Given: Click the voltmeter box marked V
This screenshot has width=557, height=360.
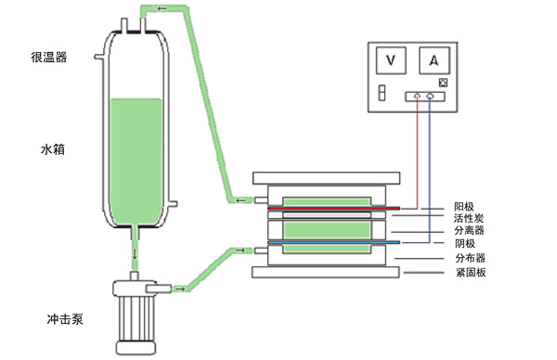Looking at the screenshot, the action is tap(391, 60).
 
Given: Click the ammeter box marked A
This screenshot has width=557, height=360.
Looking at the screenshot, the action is tap(434, 60).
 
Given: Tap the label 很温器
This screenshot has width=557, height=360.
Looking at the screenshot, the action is tap(49, 58).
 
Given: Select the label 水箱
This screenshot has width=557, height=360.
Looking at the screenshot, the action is tap(53, 149).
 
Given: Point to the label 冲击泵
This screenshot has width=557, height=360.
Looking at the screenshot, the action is tap(65, 319).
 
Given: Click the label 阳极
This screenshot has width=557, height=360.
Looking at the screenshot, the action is tap(464, 207).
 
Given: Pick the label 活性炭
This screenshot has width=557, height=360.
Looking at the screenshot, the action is tap(469, 218).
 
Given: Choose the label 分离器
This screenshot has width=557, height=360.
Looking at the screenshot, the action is tap(469, 230).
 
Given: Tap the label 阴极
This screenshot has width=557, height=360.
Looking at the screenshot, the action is tap(465, 243).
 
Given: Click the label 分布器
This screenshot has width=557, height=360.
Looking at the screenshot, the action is tap(471, 258).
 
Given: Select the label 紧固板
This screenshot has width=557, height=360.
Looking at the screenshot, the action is tap(471, 272).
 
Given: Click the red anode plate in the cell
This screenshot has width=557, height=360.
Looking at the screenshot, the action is tap(334, 209).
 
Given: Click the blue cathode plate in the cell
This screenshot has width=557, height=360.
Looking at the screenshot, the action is tap(334, 242).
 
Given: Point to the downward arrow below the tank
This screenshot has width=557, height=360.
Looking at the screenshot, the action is tap(135, 254).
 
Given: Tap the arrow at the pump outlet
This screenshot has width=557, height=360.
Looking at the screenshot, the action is tap(179, 289).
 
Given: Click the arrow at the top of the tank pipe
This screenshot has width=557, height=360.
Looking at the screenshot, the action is tap(162, 8).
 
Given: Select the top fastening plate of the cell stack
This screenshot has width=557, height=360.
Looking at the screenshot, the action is tap(327, 178).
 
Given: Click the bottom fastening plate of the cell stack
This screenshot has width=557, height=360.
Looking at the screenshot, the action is tap(326, 272).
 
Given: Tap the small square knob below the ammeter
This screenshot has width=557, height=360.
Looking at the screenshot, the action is tap(443, 83).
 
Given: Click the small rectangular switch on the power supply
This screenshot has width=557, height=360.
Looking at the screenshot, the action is tap(382, 93).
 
